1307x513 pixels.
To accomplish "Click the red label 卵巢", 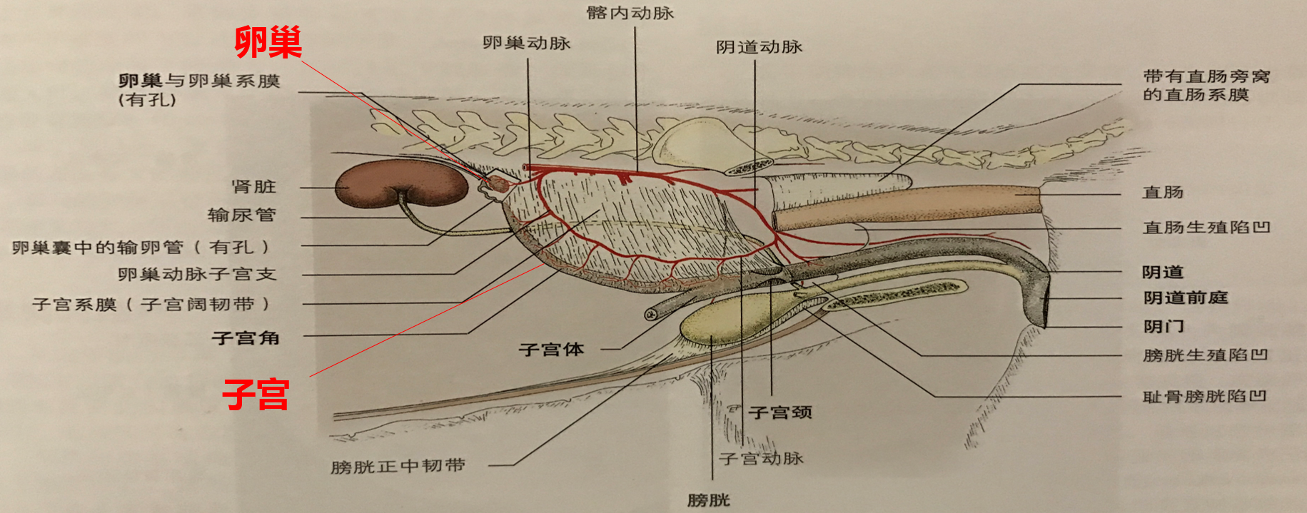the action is tap(268, 43).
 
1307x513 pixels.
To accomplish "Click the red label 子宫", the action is tap(256, 395).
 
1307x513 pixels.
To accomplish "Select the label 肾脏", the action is tap(253, 187).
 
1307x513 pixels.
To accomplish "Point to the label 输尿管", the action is tap(241, 215).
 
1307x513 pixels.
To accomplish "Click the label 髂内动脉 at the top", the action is tap(630, 13).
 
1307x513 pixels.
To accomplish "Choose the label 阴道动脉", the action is tap(760, 47).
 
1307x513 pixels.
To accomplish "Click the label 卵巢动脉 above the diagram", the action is tap(527, 44).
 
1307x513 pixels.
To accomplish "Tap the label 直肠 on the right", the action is tap(1163, 193).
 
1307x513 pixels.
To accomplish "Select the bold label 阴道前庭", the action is tap(1186, 298).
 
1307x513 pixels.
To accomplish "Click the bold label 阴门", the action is tap(1164, 327).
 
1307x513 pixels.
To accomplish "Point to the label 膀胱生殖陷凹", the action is tap(1205, 355).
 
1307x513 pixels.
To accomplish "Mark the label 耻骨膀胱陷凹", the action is tap(1204, 397).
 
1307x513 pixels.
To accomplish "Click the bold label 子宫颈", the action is tap(780, 412).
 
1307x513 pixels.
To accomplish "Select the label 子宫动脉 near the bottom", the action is tap(761, 458).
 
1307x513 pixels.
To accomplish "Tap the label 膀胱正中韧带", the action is tap(398, 467).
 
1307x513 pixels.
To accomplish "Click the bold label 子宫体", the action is tap(551, 350).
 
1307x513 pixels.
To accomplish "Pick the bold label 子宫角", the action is tap(246, 338).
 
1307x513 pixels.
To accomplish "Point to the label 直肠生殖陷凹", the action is tap(1206, 228).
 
